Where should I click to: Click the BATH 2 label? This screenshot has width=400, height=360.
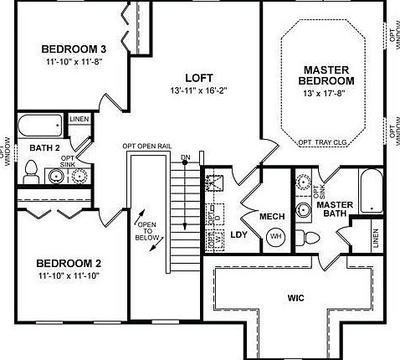(x=46, y=148)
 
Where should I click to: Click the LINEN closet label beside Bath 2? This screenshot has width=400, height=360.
(x=79, y=121)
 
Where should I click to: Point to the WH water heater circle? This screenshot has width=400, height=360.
(x=275, y=237)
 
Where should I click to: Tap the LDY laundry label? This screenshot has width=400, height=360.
(x=238, y=234)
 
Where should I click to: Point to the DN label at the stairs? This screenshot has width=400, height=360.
(x=185, y=157)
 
